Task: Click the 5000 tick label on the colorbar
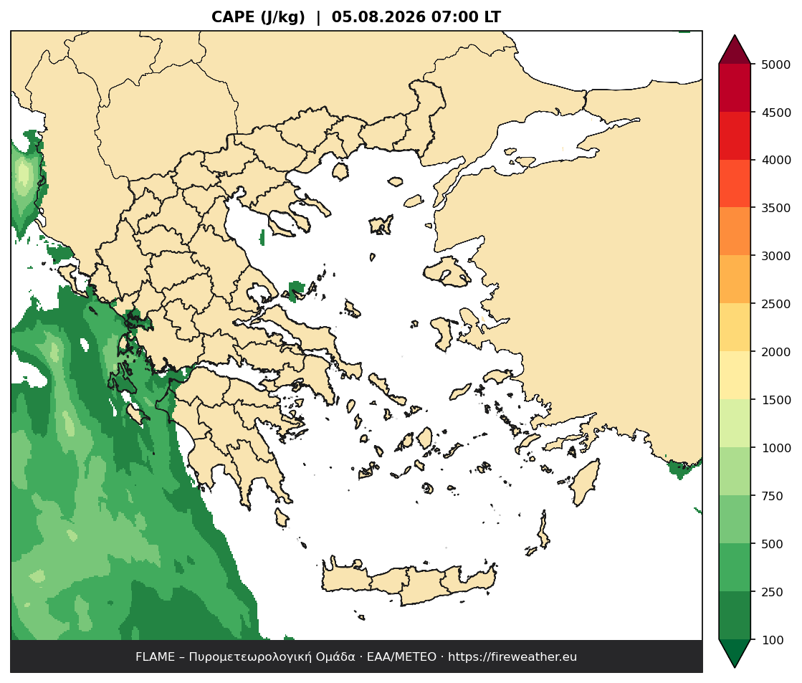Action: tap(775, 65)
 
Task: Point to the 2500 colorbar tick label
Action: tap(775, 304)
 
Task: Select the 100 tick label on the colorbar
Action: tap(773, 640)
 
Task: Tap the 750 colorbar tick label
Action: tap(773, 496)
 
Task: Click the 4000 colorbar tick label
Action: tap(775, 160)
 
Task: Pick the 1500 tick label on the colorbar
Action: tap(775, 400)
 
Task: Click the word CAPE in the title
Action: tap(233, 17)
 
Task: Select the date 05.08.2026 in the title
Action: tap(378, 17)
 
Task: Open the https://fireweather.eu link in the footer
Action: tap(512, 657)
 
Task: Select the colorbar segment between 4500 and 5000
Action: tap(735, 88)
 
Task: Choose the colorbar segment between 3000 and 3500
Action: tap(735, 231)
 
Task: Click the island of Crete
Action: tap(409, 583)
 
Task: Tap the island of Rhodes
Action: tap(584, 482)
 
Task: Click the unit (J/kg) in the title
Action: tap(283, 17)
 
